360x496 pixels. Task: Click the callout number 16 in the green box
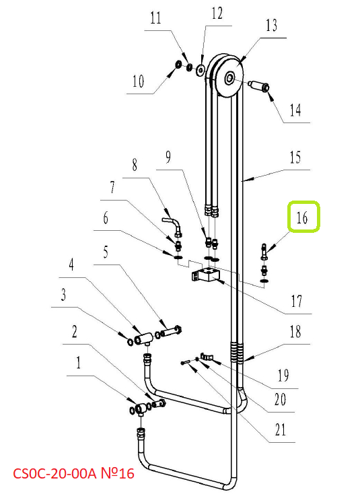click(302, 217)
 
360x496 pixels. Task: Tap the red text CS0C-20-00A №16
click(74, 474)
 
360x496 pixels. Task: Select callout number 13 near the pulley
click(272, 26)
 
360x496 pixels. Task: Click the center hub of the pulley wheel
click(229, 78)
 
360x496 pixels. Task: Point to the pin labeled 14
click(258, 85)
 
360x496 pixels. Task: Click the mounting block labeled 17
click(205, 275)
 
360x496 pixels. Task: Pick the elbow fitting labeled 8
click(173, 225)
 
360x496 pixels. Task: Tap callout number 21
click(281, 430)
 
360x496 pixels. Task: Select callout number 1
click(79, 363)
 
